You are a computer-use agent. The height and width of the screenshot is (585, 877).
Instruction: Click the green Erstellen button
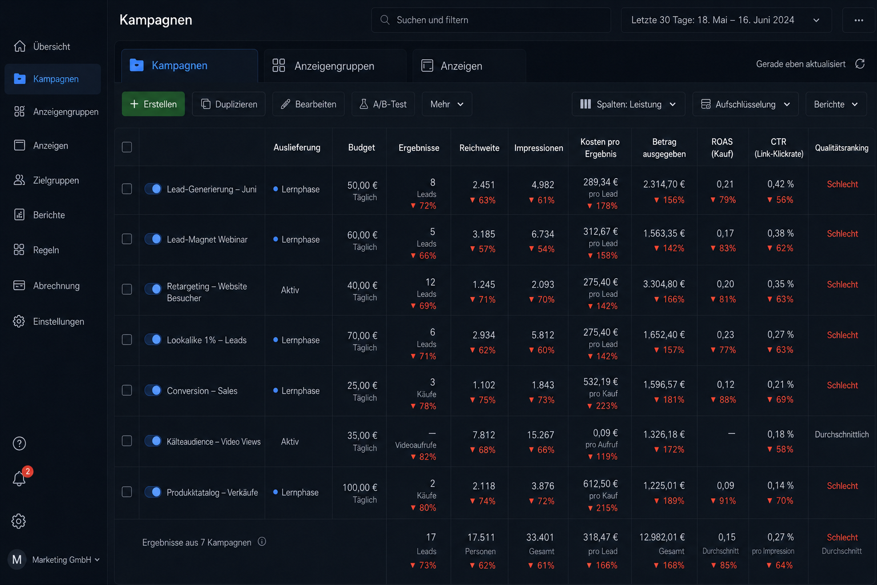point(153,104)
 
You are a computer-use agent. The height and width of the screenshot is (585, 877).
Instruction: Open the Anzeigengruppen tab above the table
point(335,66)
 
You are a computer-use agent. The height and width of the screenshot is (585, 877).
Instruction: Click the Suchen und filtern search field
point(491,20)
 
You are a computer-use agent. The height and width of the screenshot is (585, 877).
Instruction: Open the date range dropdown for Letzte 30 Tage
point(726,20)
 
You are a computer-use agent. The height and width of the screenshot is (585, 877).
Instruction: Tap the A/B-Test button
point(383,104)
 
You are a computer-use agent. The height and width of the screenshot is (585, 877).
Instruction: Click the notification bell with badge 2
point(19,478)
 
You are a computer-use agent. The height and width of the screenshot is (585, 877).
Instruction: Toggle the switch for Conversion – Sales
point(152,390)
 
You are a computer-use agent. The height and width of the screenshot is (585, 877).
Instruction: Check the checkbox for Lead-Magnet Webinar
point(127,239)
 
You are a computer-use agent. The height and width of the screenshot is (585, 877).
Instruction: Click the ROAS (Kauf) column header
point(722,148)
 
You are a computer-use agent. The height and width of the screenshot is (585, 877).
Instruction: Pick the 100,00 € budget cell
point(360,487)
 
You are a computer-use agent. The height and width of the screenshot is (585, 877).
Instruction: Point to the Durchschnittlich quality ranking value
point(842,434)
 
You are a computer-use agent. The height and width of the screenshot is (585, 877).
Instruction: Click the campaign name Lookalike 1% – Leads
point(207,340)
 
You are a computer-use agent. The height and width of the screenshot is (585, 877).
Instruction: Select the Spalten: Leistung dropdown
point(629,104)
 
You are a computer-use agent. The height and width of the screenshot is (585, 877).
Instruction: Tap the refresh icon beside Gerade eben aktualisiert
point(860,64)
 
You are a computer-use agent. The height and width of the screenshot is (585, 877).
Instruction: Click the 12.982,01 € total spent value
point(662,537)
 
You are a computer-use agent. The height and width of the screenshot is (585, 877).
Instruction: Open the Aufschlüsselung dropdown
point(746,104)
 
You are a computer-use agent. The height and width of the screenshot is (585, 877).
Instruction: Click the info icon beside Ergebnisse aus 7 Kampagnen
point(262,542)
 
